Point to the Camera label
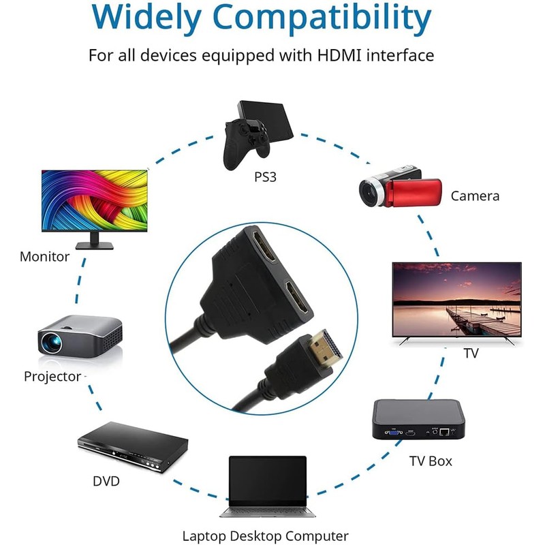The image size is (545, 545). coord(475,196)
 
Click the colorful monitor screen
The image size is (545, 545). coord(94,202)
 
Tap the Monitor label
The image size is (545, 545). coord(44,257)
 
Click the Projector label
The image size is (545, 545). coord(52,376)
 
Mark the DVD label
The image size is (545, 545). coord(106,482)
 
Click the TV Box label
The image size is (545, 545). coord(431,461)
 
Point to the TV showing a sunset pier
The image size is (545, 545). coord(457,300)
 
